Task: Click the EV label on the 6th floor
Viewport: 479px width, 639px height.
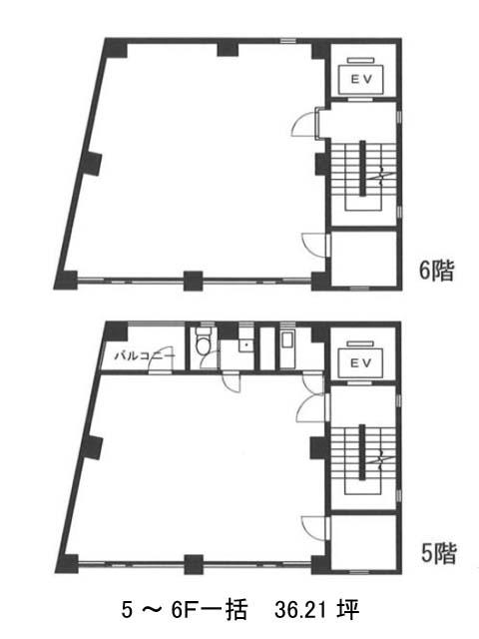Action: point(361,80)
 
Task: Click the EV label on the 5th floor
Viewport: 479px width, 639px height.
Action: point(361,362)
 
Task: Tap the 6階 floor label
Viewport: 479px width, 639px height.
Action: point(436,271)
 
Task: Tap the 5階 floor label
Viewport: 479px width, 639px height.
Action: point(438,553)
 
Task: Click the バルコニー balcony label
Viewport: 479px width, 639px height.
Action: point(145,355)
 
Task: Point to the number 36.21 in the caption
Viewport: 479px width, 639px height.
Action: point(299,610)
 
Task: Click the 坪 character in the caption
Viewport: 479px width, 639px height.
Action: point(347,610)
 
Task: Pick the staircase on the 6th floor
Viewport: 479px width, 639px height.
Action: point(363,176)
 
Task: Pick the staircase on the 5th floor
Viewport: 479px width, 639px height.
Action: point(363,459)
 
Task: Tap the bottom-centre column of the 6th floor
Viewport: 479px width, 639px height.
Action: point(193,281)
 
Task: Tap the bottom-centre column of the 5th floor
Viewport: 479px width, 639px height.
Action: point(194,564)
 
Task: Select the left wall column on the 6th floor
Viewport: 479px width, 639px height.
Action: point(91,164)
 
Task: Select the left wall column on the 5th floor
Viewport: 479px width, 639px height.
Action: point(92,447)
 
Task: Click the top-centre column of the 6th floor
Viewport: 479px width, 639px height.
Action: point(228,48)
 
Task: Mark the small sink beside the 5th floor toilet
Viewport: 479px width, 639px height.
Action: point(246,346)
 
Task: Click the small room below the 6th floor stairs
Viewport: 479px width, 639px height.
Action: point(363,259)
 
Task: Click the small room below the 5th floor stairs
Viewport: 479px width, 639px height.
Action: point(363,542)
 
